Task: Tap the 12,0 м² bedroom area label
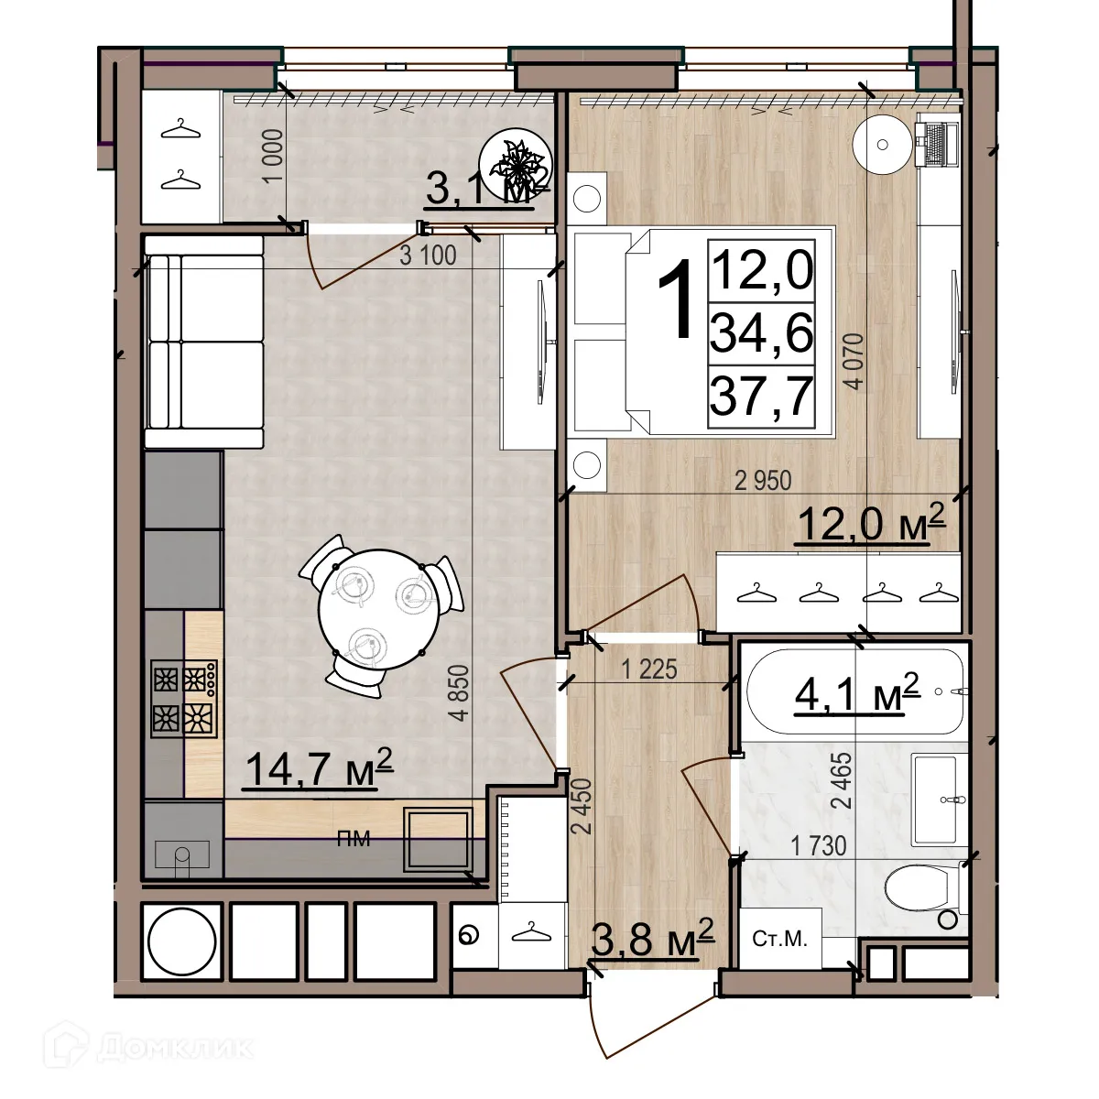[871, 525]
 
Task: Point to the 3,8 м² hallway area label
[652, 938]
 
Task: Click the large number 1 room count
[678, 298]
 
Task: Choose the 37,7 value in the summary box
[761, 397]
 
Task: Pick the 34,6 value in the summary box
[761, 333]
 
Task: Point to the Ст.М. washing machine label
[779, 939]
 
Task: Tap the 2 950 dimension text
[763, 480]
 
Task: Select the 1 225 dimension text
[648, 669]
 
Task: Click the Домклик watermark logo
[156, 1046]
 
